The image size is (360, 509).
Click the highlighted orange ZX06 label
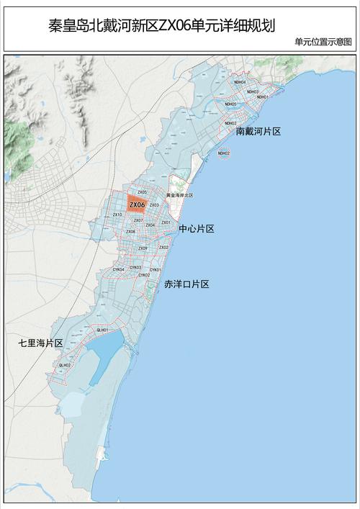tap(137, 205)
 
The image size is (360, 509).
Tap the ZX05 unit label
tap(142, 192)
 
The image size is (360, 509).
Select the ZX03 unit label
tap(154, 205)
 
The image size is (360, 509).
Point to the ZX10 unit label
tap(117, 215)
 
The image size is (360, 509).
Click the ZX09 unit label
tap(143, 248)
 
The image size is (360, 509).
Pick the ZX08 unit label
tap(130, 232)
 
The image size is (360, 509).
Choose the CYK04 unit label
tap(118, 269)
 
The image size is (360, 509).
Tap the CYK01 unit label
tap(155, 270)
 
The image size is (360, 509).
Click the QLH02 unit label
tap(65, 365)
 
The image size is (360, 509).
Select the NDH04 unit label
tap(240, 83)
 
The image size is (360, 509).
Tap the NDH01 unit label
tap(263, 97)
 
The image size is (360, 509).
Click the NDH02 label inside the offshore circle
tap(223, 153)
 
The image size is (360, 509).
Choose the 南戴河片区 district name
tap(258, 132)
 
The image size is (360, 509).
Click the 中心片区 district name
tap(197, 228)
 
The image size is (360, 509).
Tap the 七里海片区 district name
tap(41, 343)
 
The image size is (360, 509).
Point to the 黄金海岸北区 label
tap(179, 195)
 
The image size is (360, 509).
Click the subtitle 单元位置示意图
tap(323, 42)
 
